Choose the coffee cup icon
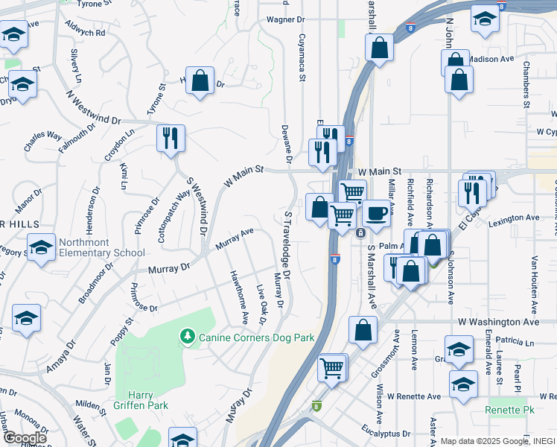377,214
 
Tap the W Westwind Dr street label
93,109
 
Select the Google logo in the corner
25,438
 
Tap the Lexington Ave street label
513,218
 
